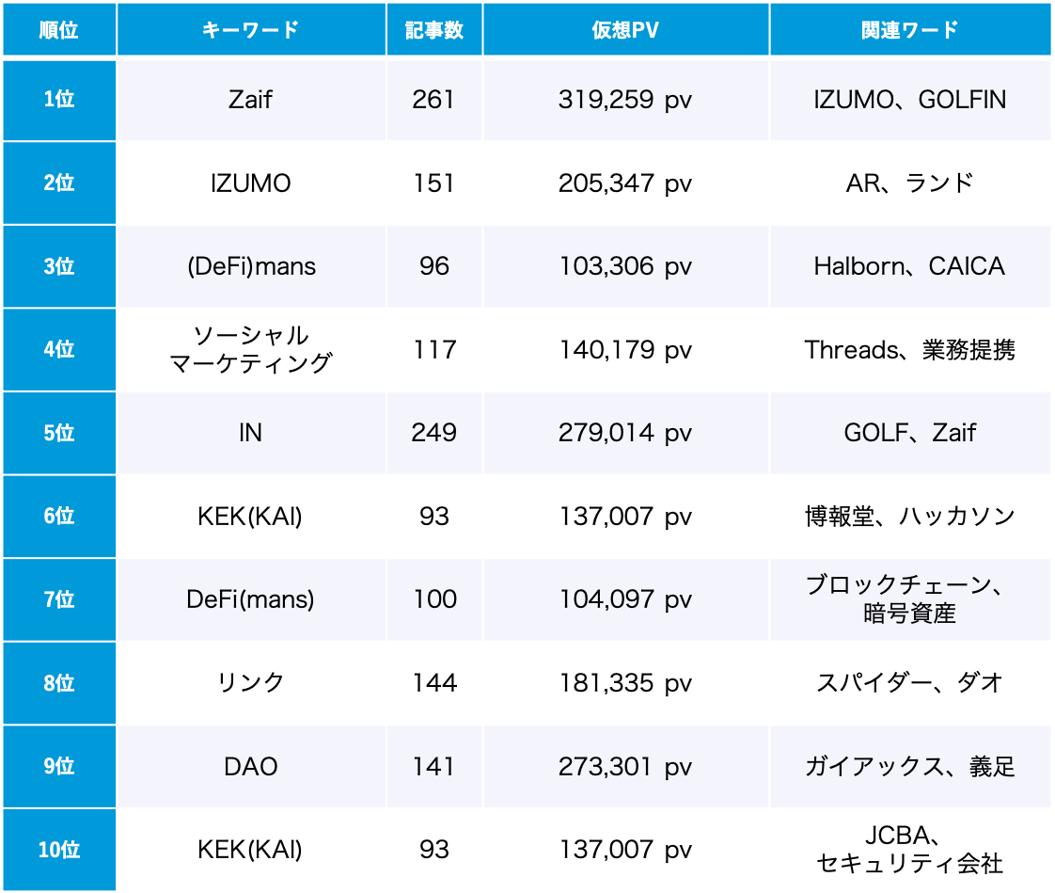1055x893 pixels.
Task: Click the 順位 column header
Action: pos(58,29)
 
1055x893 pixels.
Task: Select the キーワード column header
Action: pos(250,29)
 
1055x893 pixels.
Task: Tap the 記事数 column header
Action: pos(434,29)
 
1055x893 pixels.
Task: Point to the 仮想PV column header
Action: pos(625,29)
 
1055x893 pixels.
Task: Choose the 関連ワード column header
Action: pos(909,29)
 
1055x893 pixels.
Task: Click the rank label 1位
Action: pos(58,99)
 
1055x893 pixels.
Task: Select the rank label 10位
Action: pos(58,850)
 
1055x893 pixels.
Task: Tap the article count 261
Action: pos(433,99)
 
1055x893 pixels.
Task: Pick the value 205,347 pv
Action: pos(625,183)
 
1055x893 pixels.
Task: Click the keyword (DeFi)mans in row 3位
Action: pos(250,266)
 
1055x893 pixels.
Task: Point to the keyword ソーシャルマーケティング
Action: pos(250,349)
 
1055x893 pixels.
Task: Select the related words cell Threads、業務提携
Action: pos(909,350)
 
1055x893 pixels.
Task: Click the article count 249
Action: pos(433,433)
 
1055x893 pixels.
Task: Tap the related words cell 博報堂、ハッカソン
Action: pos(909,516)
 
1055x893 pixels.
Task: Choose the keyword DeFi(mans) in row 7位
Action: pos(250,599)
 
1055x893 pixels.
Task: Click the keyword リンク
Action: pos(250,682)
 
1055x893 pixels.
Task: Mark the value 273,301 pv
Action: pos(625,766)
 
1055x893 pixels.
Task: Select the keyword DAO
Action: pos(250,766)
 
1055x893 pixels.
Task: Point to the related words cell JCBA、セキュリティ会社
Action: pos(909,850)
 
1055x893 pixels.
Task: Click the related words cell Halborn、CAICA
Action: pos(909,266)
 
